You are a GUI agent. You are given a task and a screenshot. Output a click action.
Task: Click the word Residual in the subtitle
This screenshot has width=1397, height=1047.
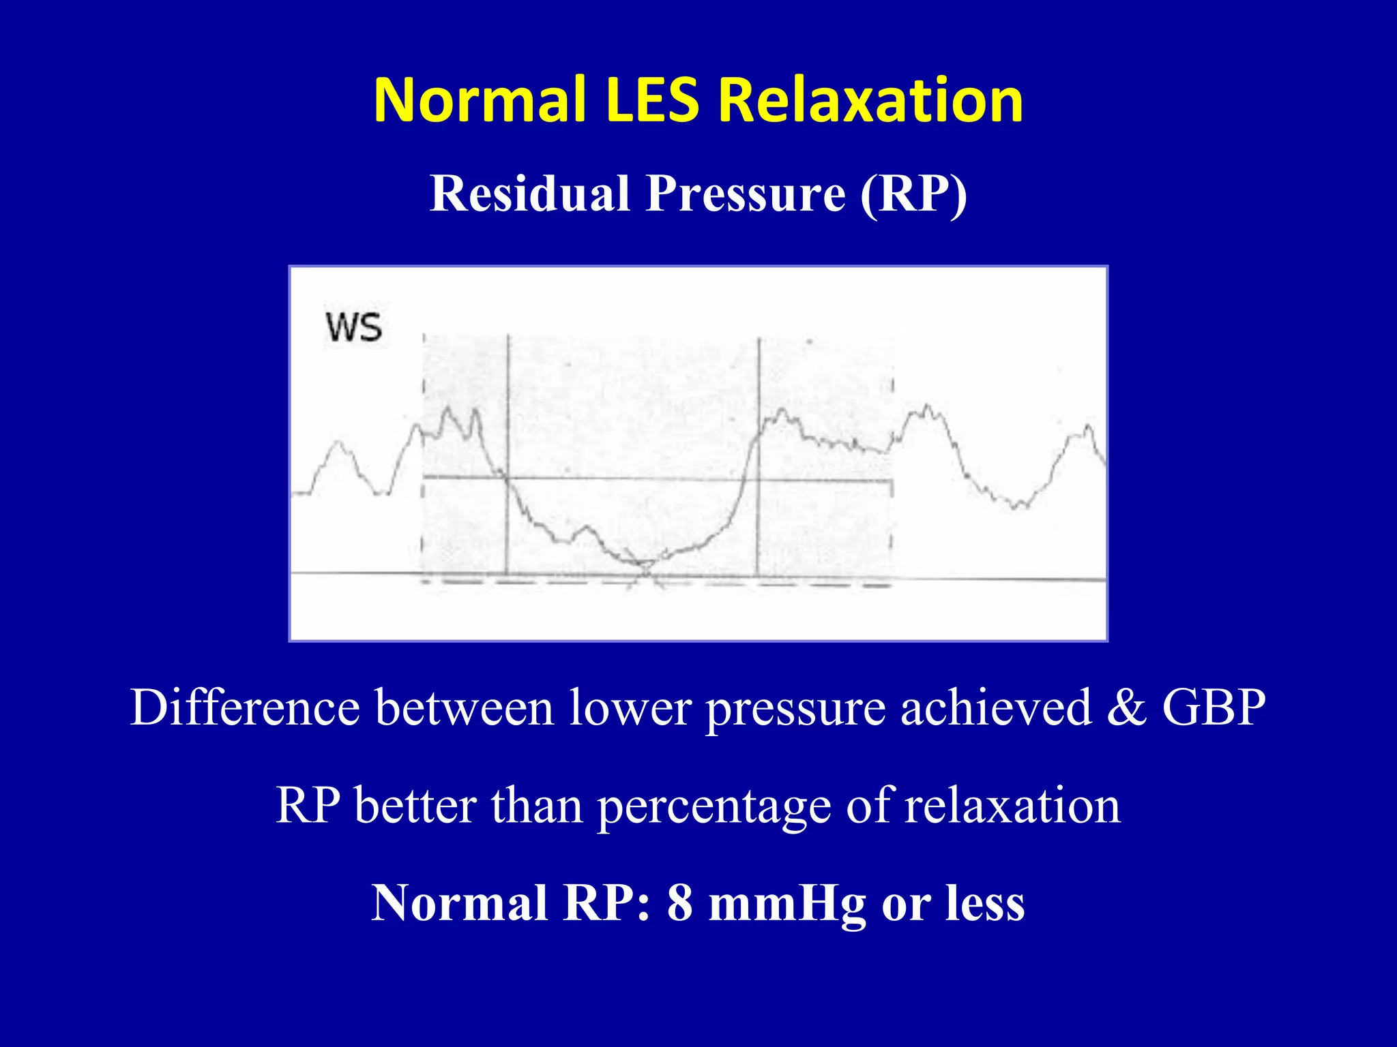[x=530, y=194]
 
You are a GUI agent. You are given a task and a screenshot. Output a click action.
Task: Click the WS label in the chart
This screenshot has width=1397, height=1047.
[x=354, y=327]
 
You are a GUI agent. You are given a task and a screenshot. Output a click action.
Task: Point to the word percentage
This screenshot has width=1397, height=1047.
[x=714, y=806]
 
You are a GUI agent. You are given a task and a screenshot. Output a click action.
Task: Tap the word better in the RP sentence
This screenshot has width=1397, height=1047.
[x=415, y=806]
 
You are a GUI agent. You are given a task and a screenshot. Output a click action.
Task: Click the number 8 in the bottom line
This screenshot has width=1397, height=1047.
[x=680, y=903]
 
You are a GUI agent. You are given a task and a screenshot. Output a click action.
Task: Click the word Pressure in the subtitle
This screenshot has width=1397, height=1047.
[x=746, y=194]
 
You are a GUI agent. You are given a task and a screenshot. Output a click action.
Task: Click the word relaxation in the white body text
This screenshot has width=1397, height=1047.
[x=1012, y=806]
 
